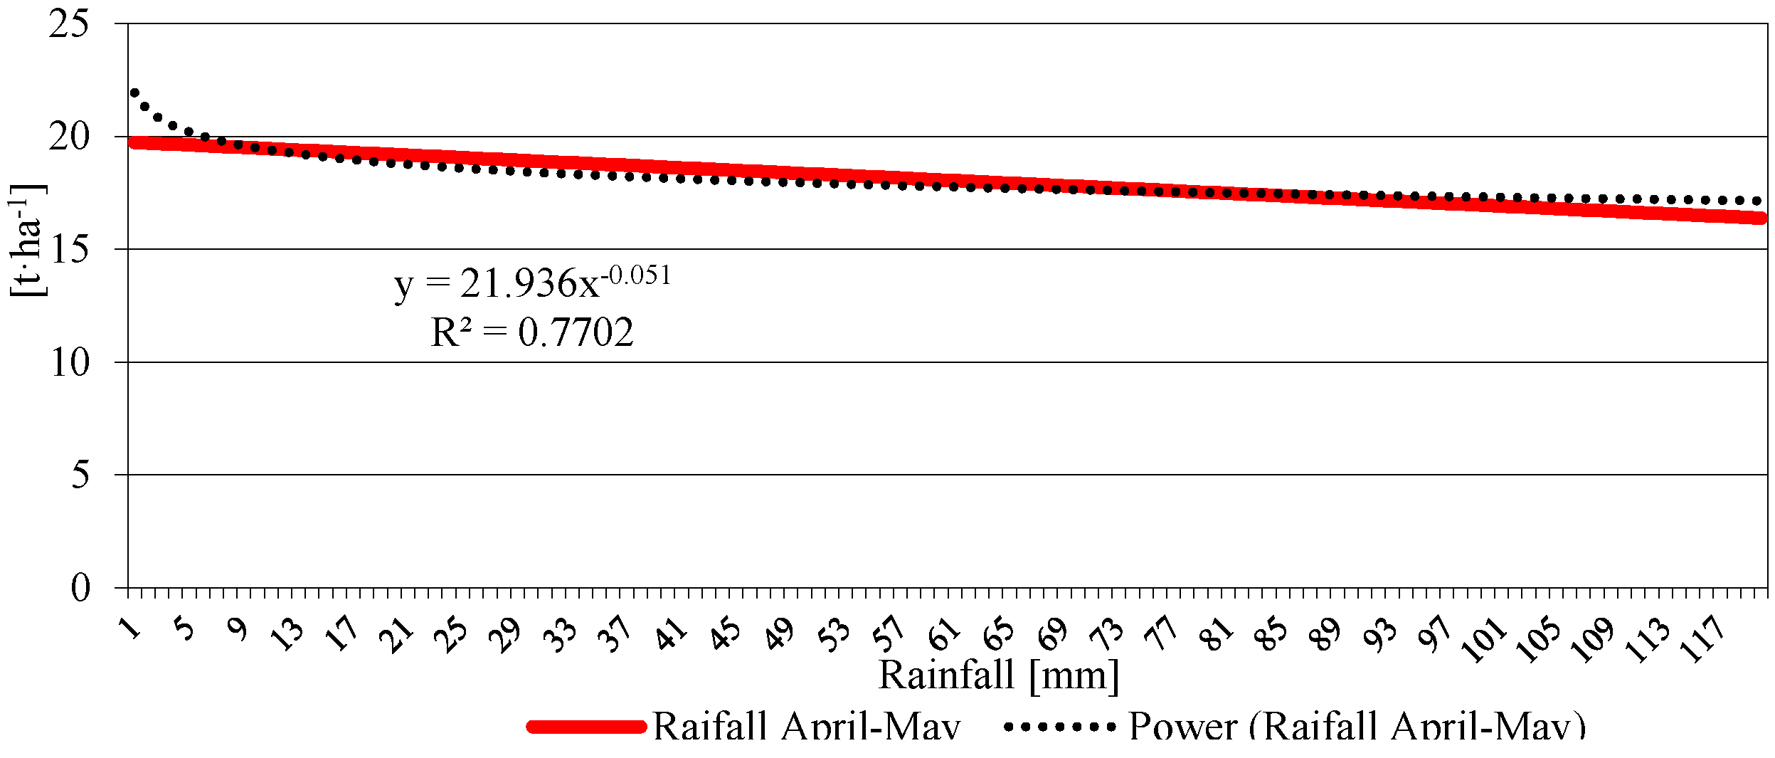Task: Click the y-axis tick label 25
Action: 69,25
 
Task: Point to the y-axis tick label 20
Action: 69,137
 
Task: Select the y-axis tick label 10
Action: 69,363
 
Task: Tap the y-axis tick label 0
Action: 80,588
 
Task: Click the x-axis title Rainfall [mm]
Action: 998,675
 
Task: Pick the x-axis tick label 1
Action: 131,628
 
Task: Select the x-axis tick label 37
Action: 614,633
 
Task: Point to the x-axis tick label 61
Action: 944,633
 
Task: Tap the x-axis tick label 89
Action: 1324,633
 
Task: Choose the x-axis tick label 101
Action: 1483,638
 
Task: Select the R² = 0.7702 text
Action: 531,332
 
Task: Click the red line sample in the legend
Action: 586,727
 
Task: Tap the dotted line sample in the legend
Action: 1059,727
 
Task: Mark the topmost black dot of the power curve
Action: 134,93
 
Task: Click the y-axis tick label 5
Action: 80,475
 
